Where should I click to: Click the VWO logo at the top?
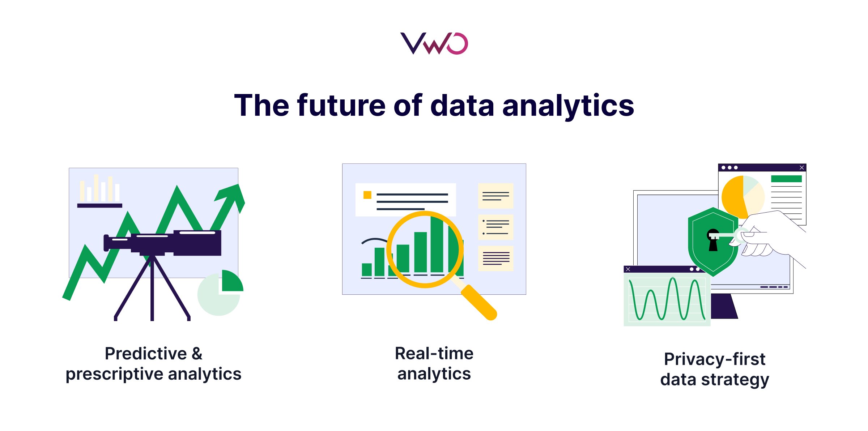434,43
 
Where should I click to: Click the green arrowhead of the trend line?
233,195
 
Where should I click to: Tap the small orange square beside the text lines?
367,195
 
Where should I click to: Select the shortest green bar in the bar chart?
367,269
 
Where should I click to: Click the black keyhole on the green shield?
713,240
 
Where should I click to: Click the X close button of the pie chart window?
801,167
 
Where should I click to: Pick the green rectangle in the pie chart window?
786,179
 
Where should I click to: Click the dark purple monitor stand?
723,306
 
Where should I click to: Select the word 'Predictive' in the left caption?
145,354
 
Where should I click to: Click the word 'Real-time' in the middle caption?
434,353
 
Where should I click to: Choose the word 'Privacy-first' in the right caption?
714,359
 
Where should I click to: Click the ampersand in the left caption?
197,354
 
